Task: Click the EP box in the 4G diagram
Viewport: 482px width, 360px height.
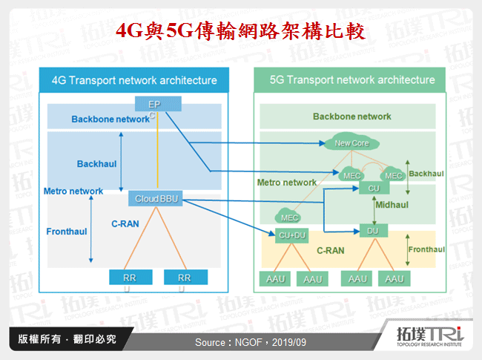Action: coord(154,104)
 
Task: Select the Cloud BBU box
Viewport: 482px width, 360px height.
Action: coord(156,199)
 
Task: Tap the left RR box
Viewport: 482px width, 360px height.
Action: coord(122,277)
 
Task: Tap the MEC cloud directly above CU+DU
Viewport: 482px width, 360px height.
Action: coord(288,217)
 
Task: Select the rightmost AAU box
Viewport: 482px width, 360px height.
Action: coord(394,279)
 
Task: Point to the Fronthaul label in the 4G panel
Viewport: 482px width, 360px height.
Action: coord(66,232)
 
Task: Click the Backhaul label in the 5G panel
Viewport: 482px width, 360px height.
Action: coord(426,174)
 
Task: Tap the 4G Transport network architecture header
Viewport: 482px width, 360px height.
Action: coord(134,80)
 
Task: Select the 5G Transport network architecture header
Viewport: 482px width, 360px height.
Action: coord(352,80)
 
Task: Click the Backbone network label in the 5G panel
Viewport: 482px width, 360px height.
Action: coord(351,117)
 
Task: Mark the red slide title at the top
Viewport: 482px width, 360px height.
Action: coord(241,30)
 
